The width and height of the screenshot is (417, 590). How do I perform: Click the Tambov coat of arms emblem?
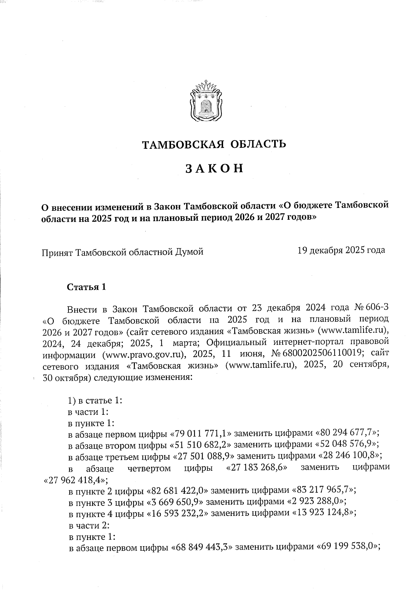click(205, 100)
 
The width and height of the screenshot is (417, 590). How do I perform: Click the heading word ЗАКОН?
click(213, 169)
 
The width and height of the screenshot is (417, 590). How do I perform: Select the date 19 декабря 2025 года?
click(341, 250)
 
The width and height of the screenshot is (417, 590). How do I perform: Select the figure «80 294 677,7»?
click(347, 433)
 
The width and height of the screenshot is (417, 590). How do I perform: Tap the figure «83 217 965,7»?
click(325, 490)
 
